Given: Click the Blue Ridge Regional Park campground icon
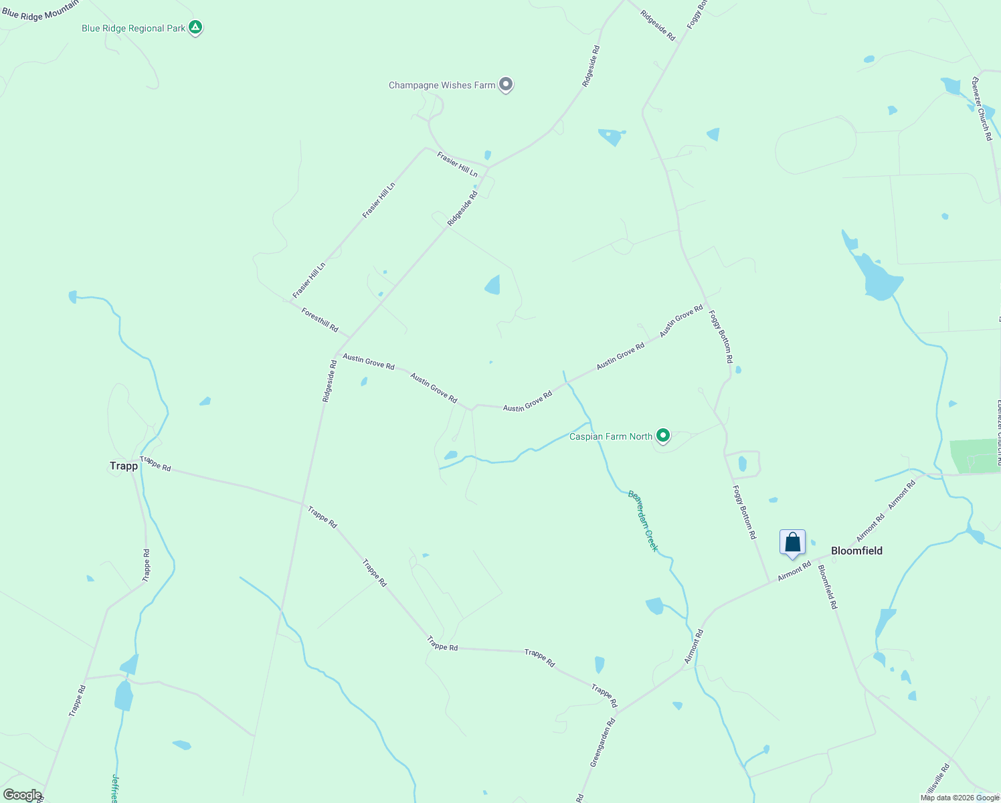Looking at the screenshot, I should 195,27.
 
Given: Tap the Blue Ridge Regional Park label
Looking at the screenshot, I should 133,28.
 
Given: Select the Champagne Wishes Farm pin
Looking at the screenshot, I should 506,84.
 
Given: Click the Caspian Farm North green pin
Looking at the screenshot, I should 662,436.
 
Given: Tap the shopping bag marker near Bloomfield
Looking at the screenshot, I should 792,542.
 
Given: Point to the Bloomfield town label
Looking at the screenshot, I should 856,551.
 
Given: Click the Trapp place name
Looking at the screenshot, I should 124,466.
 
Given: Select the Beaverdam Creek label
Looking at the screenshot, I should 643,521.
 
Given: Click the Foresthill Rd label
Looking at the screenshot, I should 320,319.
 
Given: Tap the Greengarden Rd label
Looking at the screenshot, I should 602,743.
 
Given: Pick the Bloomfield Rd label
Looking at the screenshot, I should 828,586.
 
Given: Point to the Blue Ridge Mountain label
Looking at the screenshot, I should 40,11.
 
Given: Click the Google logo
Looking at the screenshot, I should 22,795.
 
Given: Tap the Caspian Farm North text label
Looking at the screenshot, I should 610,436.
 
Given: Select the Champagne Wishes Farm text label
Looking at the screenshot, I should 442,85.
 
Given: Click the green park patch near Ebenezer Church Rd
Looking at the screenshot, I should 975,456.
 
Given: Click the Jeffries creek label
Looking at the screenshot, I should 115,788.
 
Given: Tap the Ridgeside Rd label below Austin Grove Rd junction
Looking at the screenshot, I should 329,381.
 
